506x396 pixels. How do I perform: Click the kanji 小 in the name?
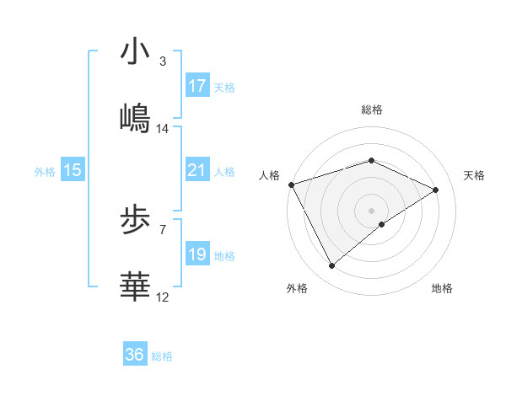pos(135,51)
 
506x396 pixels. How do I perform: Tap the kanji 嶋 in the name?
pos(135,119)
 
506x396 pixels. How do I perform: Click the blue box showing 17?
pos(197,86)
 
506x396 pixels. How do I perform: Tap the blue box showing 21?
pos(197,170)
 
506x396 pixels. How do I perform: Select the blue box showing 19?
pos(197,254)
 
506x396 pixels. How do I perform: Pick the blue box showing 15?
pos(73,170)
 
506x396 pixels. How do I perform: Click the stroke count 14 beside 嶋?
pos(163,129)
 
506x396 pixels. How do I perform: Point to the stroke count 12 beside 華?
pos(163,297)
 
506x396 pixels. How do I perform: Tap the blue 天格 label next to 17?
pos(224,88)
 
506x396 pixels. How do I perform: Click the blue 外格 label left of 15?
pos(45,172)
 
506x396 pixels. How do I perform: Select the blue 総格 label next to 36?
pos(162,356)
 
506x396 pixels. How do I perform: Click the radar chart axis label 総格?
pos(371,110)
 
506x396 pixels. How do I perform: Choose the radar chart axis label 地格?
pos(442,289)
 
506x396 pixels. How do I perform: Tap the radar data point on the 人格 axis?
pos(291,184)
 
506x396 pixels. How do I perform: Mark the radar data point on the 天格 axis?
pos(436,190)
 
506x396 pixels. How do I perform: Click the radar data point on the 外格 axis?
pos(332,265)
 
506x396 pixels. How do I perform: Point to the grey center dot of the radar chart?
pos(371,210)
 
